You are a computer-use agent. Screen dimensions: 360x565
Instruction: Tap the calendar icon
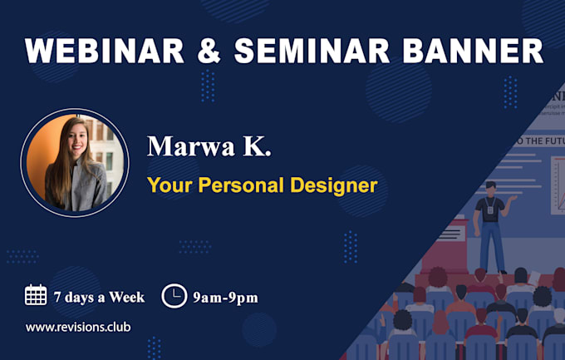[36, 295]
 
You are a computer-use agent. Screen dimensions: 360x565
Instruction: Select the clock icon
[174, 296]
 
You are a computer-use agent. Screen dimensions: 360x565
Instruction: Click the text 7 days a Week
[98, 297]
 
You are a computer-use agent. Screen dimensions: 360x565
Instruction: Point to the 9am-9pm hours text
[224, 297]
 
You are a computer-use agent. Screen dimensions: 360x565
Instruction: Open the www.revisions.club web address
[77, 327]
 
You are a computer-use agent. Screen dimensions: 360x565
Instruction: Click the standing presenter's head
[491, 188]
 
